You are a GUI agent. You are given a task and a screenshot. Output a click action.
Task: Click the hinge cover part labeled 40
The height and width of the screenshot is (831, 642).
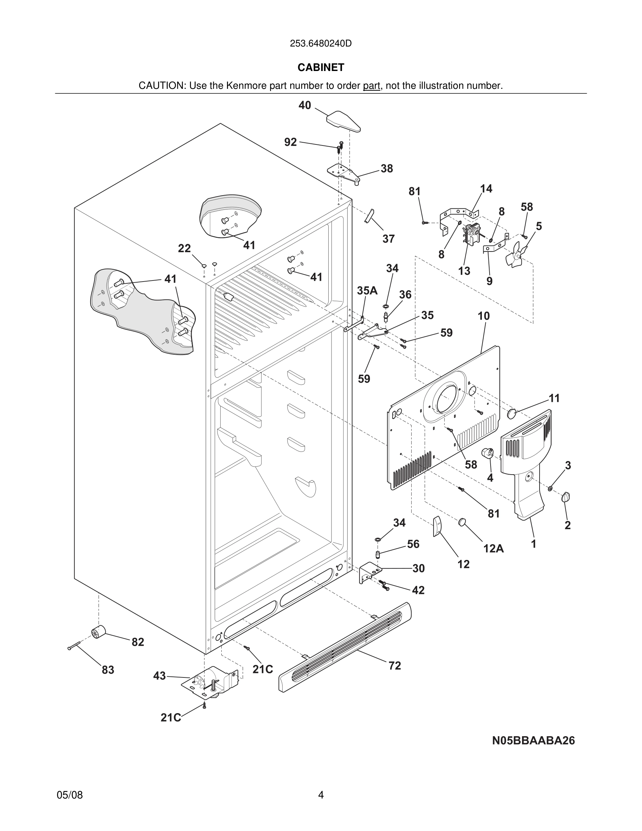click(x=343, y=121)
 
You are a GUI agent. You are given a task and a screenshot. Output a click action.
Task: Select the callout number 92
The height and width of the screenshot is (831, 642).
click(x=291, y=142)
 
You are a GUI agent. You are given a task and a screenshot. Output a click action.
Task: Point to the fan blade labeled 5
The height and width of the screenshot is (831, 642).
click(x=516, y=254)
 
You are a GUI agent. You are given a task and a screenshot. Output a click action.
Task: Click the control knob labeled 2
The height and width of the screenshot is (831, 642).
click(x=565, y=497)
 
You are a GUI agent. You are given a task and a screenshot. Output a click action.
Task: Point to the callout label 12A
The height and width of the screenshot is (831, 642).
click(x=493, y=548)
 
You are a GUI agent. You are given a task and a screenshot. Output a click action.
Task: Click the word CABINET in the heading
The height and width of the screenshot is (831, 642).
click(x=321, y=68)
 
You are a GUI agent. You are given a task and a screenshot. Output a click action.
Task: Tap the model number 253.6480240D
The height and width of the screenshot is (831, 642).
click(x=321, y=43)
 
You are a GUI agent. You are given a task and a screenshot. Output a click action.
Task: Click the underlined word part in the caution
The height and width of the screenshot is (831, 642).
click(x=371, y=86)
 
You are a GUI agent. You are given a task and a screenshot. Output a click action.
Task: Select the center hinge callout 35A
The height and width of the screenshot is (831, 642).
click(x=367, y=291)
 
